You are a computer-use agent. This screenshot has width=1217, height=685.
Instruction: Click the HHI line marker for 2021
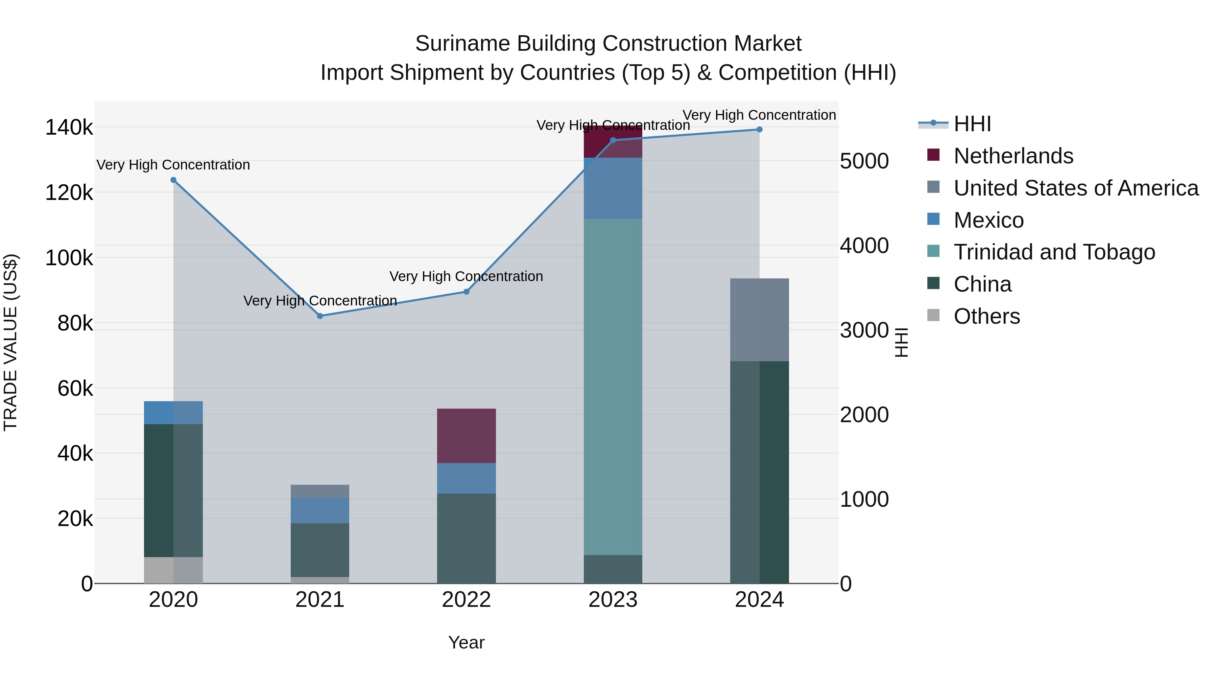[320, 316]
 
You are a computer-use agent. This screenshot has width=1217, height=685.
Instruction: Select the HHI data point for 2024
[759, 130]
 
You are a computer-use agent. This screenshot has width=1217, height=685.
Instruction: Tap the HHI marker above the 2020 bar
[173, 180]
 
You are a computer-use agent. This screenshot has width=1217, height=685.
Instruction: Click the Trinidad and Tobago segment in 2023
[613, 387]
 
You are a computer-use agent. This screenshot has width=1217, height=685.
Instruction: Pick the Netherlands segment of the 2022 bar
[466, 435]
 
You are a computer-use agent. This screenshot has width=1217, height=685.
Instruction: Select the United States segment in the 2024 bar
[759, 320]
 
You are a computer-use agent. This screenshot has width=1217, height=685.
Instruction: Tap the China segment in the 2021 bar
[320, 550]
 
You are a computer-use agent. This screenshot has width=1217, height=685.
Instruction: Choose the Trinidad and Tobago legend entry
[1054, 252]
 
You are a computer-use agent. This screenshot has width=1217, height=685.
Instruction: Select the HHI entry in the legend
[972, 124]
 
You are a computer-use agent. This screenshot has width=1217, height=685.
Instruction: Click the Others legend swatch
[933, 315]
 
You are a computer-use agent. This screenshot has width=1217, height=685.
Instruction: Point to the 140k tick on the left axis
[69, 128]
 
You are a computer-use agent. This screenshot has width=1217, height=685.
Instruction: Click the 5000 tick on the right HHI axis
[864, 161]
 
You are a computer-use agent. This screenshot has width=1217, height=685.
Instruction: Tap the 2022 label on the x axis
[466, 600]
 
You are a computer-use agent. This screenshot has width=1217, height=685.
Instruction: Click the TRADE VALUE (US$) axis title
[11, 342]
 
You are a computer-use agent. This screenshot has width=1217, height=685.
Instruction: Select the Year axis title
[466, 642]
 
